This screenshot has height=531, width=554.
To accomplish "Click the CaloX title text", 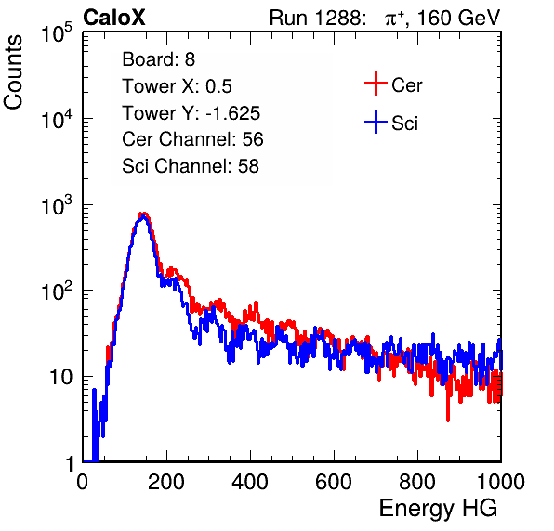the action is coord(114,18).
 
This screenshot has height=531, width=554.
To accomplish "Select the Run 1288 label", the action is coord(317,18).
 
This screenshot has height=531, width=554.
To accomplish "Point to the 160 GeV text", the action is coord(459,18).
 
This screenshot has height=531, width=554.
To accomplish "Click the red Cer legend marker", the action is coord(376,84).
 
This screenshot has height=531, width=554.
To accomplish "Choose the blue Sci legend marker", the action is coord(376,122).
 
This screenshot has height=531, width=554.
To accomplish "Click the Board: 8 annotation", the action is coord(159,59).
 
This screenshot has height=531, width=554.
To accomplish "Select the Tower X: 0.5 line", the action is coord(177,86).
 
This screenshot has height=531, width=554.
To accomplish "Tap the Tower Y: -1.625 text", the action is coord(191,113).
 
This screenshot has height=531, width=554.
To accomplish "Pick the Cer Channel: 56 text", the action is coord(192,139).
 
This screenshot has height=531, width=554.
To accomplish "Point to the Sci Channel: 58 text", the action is coord(191,166).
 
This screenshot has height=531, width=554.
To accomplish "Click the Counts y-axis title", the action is coord(13,72).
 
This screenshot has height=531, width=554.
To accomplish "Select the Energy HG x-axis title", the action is coord(438,509).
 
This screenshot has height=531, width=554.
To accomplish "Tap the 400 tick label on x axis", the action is coord(250,482).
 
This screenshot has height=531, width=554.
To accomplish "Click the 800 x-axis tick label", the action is coord(417,482).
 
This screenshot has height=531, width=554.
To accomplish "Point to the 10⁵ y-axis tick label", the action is coord(57,32).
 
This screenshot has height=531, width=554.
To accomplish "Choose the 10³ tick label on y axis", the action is coord(57,205).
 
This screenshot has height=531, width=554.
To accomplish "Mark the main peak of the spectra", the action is coord(143,215).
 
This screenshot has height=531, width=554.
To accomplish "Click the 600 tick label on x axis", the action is coord(334,482).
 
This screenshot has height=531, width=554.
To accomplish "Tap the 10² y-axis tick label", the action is coord(57,291).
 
